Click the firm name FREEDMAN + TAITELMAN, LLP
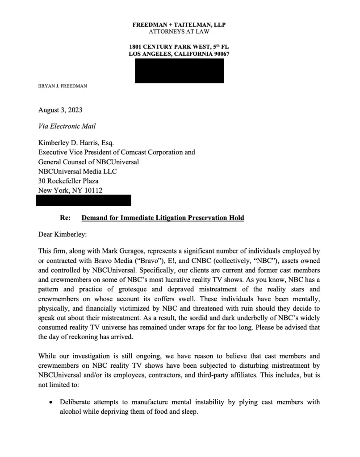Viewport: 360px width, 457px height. click(x=179, y=25)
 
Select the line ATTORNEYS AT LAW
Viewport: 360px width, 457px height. click(x=179, y=32)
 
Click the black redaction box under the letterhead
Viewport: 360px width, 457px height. click(x=179, y=71)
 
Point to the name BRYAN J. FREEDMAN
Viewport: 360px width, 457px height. click(x=63, y=86)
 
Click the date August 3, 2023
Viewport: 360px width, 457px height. click(x=60, y=110)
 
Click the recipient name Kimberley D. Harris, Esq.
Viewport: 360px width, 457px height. click(x=76, y=143)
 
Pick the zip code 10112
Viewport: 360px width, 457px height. click(x=94, y=191)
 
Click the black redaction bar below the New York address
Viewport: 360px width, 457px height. click(x=83, y=200)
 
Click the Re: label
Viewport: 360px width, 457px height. click(x=65, y=218)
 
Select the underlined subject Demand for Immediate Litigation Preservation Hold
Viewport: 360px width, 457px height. click(x=163, y=218)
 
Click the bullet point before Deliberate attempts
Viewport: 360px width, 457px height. click(x=51, y=403)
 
